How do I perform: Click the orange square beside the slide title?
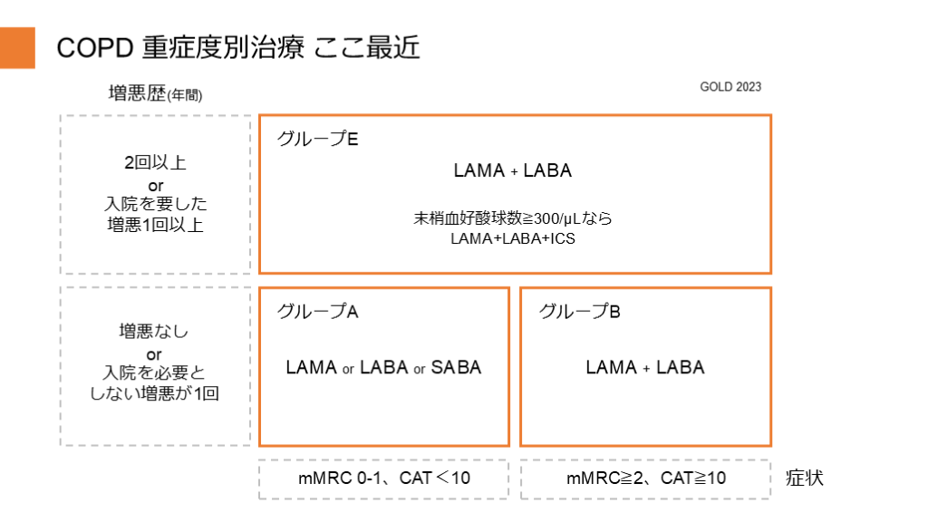[x=17, y=47]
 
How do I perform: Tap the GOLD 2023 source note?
[x=730, y=87]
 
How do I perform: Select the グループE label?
[x=318, y=140]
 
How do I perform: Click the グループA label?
[x=318, y=311]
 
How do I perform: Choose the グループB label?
[x=580, y=311]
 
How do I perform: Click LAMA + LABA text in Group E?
[x=512, y=170]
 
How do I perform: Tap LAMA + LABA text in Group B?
[x=644, y=367]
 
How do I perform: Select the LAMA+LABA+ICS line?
[x=513, y=238]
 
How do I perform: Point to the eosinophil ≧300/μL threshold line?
[x=513, y=218]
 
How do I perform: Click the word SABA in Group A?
[x=456, y=367]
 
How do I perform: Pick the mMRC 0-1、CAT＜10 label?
[x=384, y=478]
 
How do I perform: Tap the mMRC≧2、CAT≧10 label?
[x=644, y=478]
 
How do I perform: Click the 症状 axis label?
[x=804, y=478]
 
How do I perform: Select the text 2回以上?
[x=155, y=163]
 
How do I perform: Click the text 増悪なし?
[x=155, y=332]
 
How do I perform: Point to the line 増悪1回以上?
[x=155, y=225]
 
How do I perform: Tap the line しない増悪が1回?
[x=155, y=393]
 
